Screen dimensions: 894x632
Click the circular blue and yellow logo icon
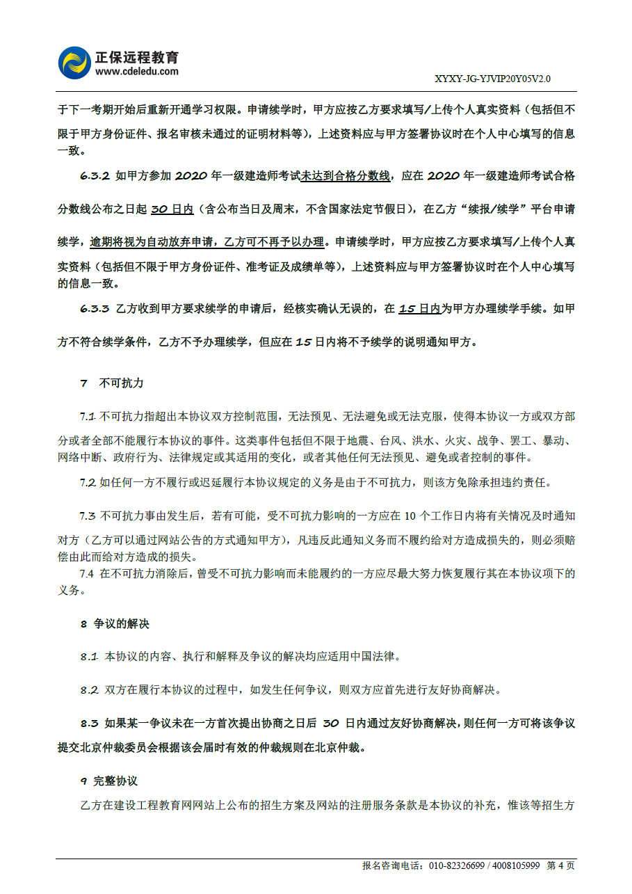pyautogui.click(x=74, y=63)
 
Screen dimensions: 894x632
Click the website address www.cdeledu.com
pyautogui.click(x=136, y=71)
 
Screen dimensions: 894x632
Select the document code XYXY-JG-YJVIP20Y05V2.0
pyautogui.click(x=492, y=79)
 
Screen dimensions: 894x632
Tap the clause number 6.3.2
pyautogui.click(x=95, y=176)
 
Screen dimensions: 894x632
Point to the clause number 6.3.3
pyautogui.click(x=95, y=309)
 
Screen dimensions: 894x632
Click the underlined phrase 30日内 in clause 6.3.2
pyautogui.click(x=172, y=209)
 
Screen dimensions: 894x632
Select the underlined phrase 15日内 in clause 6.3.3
pyautogui.click(x=420, y=309)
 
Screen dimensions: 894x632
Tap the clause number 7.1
pyautogui.click(x=87, y=416)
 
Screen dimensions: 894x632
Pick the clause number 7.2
pyautogui.click(x=88, y=482)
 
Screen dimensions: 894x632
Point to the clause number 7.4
pyautogui.click(x=87, y=573)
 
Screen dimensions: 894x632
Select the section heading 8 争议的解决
pyautogui.click(x=115, y=623)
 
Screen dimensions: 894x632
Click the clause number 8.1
pyautogui.click(x=88, y=656)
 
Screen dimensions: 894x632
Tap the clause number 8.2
pyautogui.click(x=89, y=690)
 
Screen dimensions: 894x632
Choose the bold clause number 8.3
pyautogui.click(x=89, y=724)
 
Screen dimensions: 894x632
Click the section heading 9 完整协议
pyautogui.click(x=109, y=781)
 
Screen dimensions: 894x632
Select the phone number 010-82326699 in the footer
pyautogui.click(x=457, y=865)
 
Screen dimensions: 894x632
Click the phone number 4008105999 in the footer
pyautogui.click(x=515, y=865)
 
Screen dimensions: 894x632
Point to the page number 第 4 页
pyautogui.click(x=561, y=865)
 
